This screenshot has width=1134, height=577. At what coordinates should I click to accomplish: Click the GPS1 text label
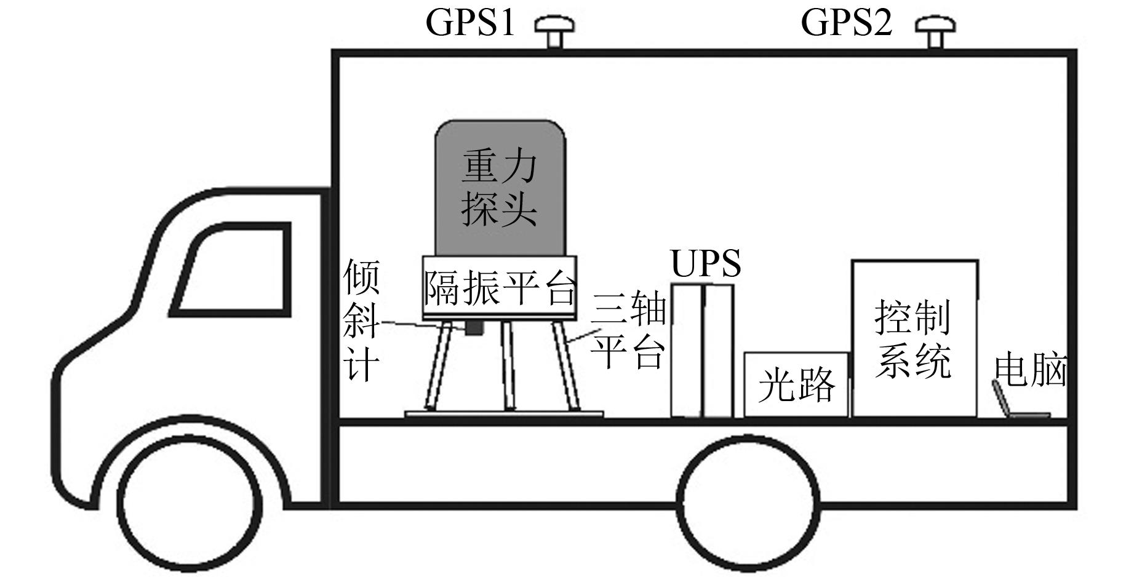[x=470, y=23]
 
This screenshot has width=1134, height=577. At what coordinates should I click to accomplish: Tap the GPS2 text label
[x=846, y=23]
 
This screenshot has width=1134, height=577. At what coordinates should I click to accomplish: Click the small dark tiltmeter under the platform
[x=473, y=328]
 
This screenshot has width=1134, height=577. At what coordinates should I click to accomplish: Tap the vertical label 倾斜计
[x=361, y=320]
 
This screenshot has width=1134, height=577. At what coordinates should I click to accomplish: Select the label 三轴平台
[x=628, y=332]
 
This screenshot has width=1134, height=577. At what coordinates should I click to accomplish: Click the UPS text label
[x=706, y=263]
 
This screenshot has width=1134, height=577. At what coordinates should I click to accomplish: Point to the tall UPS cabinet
[x=702, y=351]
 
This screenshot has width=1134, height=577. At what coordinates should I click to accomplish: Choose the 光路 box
[x=796, y=384]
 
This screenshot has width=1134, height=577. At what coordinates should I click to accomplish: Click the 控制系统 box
[x=914, y=338]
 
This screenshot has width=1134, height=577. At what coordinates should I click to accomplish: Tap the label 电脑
[x=1031, y=369]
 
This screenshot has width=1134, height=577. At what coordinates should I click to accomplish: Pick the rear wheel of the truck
[x=749, y=503]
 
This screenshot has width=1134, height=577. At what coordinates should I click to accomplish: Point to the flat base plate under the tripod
[x=504, y=414]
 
